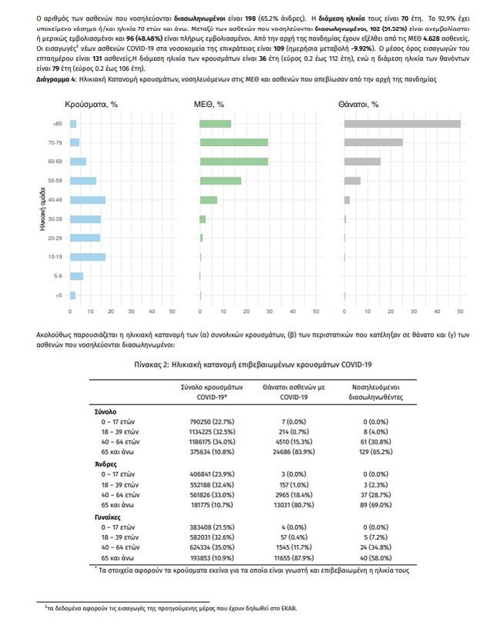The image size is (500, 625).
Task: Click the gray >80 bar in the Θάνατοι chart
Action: coord(402,124)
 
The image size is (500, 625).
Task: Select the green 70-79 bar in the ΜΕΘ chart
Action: coord(234,142)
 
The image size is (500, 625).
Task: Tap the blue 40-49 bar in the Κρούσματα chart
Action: coord(88,200)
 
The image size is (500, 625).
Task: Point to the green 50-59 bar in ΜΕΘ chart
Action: coord(220,181)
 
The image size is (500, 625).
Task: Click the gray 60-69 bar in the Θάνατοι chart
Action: coord(362,161)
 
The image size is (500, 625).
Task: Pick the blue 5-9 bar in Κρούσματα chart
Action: coord(76,276)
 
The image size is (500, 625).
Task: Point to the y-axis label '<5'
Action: coord(58,295)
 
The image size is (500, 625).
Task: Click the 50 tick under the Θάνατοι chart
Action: coord(460,311)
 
